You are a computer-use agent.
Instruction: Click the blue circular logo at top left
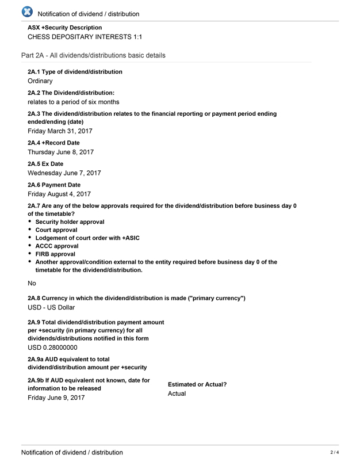pyautogui.click(x=26, y=12)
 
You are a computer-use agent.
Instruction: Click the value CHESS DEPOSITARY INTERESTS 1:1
pyautogui.click(x=85, y=37)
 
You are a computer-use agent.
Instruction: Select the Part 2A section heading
pyautogui.click(x=93, y=56)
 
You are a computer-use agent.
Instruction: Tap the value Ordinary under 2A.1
pyautogui.click(x=40, y=81)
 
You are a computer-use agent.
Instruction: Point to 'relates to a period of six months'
pyautogui.click(x=74, y=102)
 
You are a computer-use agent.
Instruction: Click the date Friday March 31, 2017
pyautogui.click(x=60, y=131)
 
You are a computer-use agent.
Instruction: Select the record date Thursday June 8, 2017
pyautogui.click(x=60, y=152)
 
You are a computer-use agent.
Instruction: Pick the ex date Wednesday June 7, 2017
pyautogui.click(x=64, y=173)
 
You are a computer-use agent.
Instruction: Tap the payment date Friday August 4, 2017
pyautogui.click(x=59, y=194)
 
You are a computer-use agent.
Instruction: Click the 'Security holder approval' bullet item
pyautogui.click(x=70, y=222)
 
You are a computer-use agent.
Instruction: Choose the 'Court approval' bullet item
pyautogui.click(x=56, y=230)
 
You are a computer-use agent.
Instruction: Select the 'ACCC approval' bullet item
pyautogui.click(x=56, y=246)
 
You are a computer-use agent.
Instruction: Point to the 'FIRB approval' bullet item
pyautogui.click(x=55, y=254)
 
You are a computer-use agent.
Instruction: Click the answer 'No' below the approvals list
pyautogui.click(x=32, y=283)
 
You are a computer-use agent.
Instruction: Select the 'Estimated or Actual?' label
pyautogui.click(x=197, y=384)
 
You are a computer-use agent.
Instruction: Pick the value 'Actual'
pyautogui.click(x=177, y=394)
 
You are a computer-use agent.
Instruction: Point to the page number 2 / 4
pyautogui.click(x=335, y=452)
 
